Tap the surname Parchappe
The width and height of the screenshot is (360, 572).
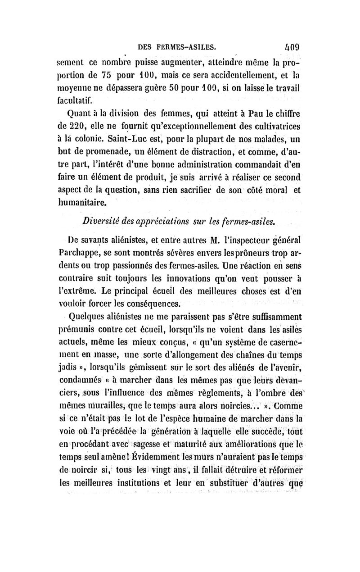[88, 250]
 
